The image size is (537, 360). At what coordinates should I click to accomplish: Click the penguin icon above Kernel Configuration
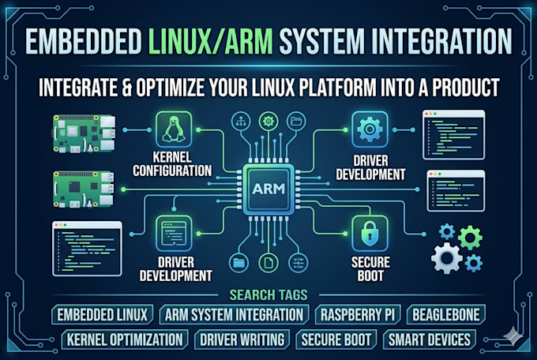pyautogui.click(x=174, y=129)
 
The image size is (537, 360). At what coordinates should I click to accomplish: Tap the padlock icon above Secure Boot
pyautogui.click(x=370, y=234)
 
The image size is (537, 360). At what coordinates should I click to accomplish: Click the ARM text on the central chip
pyautogui.click(x=268, y=189)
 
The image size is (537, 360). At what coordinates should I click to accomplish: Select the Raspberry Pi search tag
pyautogui.click(x=358, y=314)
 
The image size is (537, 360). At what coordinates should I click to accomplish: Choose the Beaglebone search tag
pyautogui.click(x=446, y=314)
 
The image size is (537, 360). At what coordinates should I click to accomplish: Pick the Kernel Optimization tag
pyautogui.click(x=125, y=339)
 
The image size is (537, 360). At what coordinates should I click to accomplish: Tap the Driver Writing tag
pyautogui.click(x=242, y=339)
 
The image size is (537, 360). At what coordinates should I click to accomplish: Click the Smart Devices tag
pyautogui.click(x=430, y=339)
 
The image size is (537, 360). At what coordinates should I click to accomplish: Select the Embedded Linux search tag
pyautogui.click(x=103, y=314)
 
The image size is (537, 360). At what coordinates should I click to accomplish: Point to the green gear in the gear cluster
pyautogui.click(x=470, y=238)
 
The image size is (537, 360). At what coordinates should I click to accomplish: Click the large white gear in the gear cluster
pyautogui.click(x=447, y=258)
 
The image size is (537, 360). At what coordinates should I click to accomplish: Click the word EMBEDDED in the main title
pyautogui.click(x=84, y=41)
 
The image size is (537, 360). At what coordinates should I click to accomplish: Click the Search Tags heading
pyautogui.click(x=268, y=295)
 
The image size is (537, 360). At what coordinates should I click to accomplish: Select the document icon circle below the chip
pyautogui.click(x=268, y=263)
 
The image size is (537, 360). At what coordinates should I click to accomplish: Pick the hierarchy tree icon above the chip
pyautogui.click(x=241, y=122)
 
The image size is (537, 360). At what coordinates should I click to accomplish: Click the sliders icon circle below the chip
pyautogui.click(x=298, y=263)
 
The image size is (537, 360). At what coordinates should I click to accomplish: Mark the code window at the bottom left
pyautogui.click(x=87, y=249)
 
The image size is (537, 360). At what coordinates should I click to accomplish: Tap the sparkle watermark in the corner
pyautogui.click(x=513, y=336)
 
